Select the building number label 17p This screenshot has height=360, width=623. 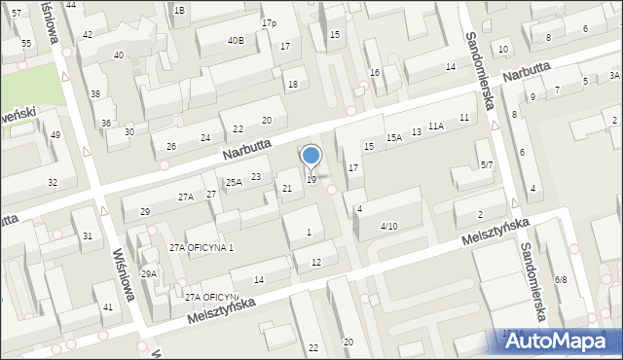[269, 22]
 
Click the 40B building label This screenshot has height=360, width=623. [236, 40]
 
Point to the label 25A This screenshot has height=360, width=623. [234, 182]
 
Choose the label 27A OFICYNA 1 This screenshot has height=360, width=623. [202, 248]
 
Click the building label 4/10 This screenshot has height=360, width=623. [388, 226]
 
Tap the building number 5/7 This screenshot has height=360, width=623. [487, 165]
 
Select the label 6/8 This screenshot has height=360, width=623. [561, 279]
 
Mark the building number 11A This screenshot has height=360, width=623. [435, 126]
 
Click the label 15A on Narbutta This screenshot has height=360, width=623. [393, 138]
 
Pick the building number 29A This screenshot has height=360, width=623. [148, 274]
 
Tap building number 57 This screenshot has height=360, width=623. [17, 12]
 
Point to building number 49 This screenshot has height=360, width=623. [55, 134]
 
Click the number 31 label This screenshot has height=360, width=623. [88, 236]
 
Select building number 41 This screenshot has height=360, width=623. [106, 307]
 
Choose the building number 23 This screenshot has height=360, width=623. [255, 176]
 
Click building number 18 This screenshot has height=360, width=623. [292, 85]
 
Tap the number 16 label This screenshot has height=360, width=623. [375, 73]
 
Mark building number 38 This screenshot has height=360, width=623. [95, 93]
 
